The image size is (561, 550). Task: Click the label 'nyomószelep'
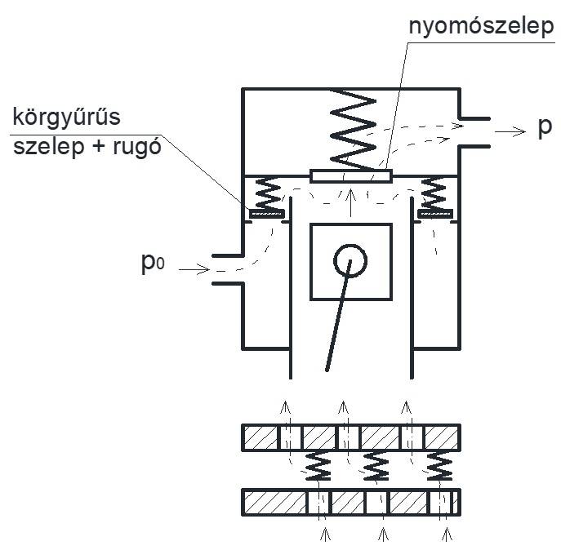pos(483,26)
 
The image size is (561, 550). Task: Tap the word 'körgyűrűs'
pos(66,118)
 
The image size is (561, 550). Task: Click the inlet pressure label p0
pos(155,265)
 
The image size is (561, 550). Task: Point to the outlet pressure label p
pos(544,128)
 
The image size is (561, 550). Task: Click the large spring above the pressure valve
pos(352,127)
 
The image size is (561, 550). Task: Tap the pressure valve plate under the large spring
pos(352,175)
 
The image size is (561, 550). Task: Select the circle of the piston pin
pos(350,260)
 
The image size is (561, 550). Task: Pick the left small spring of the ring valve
pos(268,194)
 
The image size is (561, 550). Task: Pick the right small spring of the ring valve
pos(433,194)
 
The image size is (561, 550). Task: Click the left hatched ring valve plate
pos(265,214)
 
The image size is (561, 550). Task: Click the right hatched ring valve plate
pos(434,214)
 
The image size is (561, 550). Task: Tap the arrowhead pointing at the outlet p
pos(520,129)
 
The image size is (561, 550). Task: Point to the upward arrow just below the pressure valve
pos(350,196)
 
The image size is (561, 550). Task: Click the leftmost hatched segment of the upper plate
pos(260,437)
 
